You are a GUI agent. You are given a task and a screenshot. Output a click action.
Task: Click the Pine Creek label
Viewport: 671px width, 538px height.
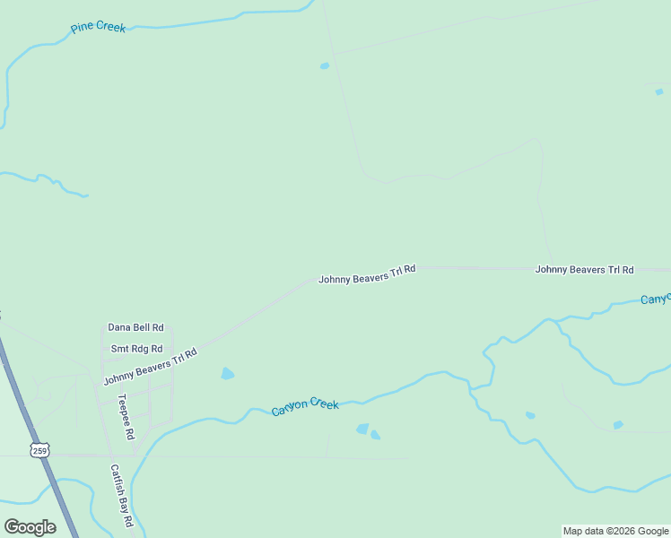[99, 27]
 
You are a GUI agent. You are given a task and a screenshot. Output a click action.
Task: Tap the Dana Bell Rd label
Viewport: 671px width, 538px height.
[135, 328]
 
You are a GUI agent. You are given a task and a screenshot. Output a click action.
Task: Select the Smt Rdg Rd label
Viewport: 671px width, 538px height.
[136, 349]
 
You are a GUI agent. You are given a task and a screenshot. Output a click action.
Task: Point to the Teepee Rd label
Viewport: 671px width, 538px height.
[126, 416]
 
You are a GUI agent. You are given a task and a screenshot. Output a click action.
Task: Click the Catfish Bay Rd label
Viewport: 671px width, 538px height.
[121, 494]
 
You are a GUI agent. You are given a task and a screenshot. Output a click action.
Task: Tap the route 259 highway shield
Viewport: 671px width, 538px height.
[39, 451]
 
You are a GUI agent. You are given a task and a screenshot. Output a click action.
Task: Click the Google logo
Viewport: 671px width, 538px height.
[30, 527]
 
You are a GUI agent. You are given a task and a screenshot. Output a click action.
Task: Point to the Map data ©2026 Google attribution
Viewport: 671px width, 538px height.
[615, 531]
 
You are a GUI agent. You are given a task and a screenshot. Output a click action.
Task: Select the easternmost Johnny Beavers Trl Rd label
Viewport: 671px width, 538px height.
[584, 270]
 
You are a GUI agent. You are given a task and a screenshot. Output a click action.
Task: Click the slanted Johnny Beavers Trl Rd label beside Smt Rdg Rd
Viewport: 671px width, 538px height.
[150, 366]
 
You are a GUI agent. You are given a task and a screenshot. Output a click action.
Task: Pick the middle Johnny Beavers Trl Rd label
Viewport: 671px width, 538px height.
[367, 273]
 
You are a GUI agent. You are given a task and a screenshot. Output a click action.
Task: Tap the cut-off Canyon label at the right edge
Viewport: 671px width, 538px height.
[655, 299]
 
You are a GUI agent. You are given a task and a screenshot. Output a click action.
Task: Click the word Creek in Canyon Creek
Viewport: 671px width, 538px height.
[324, 404]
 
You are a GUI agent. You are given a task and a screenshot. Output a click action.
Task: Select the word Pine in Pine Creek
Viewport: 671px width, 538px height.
[82, 29]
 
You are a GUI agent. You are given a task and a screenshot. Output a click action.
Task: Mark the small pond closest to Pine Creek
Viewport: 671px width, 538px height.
[325, 65]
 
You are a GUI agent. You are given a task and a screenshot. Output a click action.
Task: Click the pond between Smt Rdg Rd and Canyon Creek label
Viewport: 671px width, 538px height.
[228, 374]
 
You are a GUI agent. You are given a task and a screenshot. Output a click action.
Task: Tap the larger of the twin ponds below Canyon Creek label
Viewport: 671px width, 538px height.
[362, 430]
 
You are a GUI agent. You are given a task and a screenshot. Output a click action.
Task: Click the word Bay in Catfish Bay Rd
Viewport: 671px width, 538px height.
[121, 499]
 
